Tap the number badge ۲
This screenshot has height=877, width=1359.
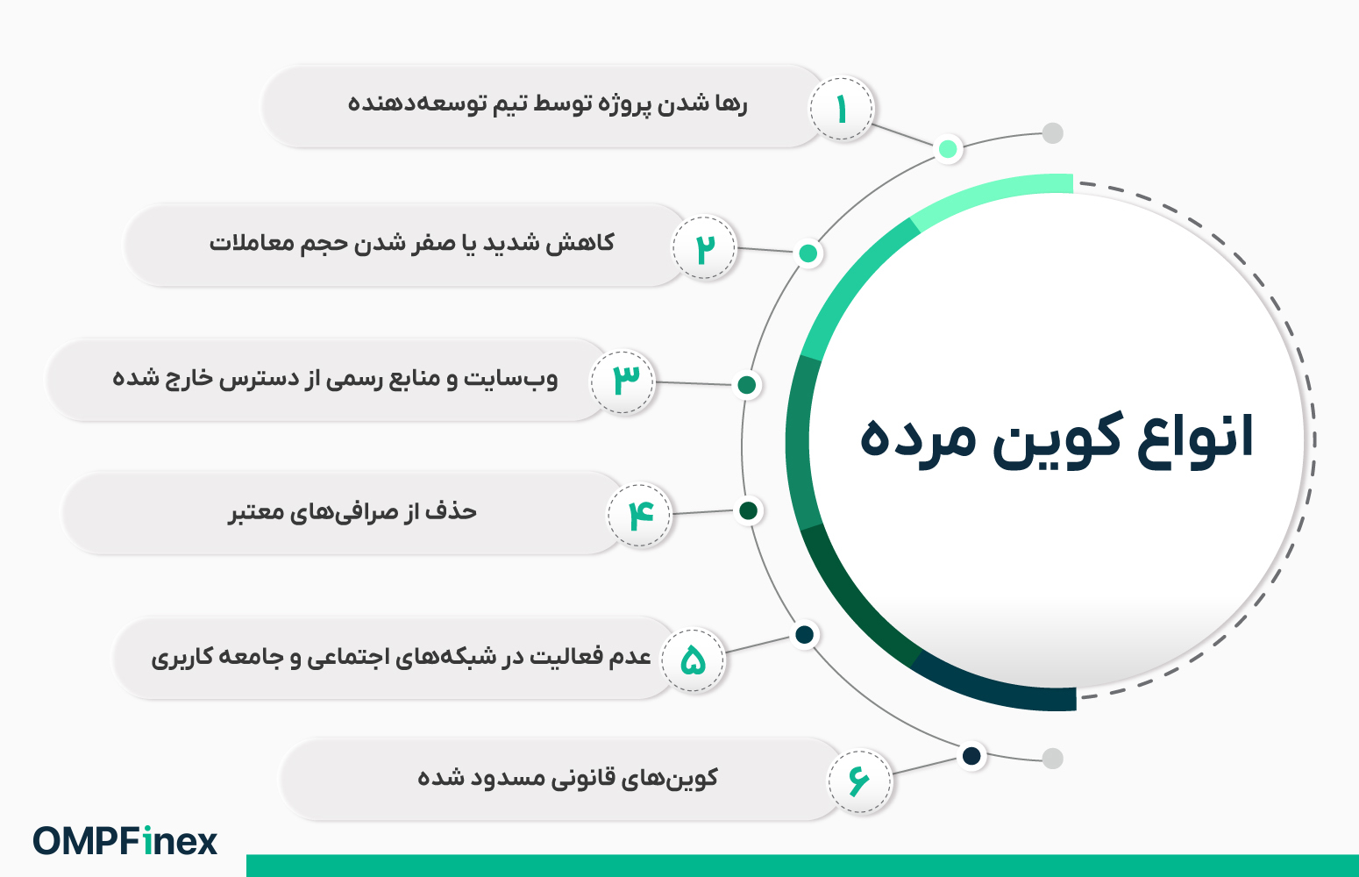coord(704,247)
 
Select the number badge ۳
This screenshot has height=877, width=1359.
coord(623,382)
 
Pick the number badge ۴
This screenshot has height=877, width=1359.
coord(639,516)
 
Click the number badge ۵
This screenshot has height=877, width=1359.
coord(693,660)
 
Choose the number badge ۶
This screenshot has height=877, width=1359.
coord(860,781)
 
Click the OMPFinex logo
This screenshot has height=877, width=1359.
coord(125,841)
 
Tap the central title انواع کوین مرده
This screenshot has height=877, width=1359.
coord(1057,438)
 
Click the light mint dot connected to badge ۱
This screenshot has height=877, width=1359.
coord(948,149)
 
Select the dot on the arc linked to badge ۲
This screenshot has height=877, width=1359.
coord(808,253)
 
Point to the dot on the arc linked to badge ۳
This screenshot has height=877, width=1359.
coord(747,385)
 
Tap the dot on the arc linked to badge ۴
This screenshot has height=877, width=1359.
coord(749,511)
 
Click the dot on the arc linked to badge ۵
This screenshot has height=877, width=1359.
coord(805,635)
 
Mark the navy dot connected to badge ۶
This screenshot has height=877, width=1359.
coord(972,756)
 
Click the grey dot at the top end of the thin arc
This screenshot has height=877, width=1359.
coord(1053,133)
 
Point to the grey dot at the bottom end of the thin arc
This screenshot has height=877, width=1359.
coord(1053,758)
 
